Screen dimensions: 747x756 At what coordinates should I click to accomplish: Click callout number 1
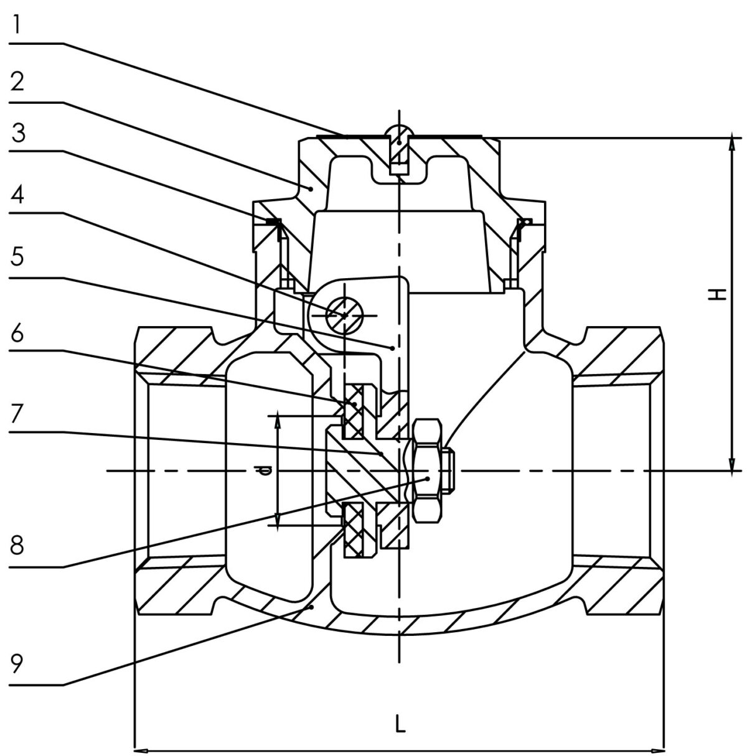pos(16,25)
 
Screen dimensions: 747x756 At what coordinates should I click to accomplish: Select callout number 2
pos(17,82)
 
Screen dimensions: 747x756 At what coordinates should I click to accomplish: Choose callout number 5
pos(17,256)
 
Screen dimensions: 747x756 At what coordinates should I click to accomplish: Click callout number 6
pos(17,334)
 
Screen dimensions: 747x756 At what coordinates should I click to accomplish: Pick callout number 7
pos(17,414)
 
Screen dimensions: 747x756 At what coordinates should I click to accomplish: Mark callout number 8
pos(17,544)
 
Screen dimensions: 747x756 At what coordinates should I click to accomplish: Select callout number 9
pos(17,663)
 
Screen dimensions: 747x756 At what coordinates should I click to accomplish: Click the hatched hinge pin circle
pos(344,315)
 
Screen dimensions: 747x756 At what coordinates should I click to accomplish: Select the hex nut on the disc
pos(428,471)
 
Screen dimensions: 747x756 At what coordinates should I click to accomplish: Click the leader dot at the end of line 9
pos(311,607)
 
